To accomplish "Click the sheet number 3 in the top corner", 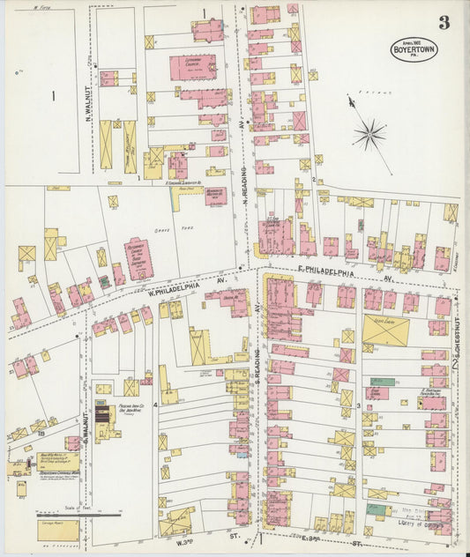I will [444, 23].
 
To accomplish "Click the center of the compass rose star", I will [369, 135].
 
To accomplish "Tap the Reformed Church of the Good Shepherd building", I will [138, 258].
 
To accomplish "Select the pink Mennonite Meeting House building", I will [215, 195].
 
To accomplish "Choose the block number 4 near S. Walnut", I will [155, 405].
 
